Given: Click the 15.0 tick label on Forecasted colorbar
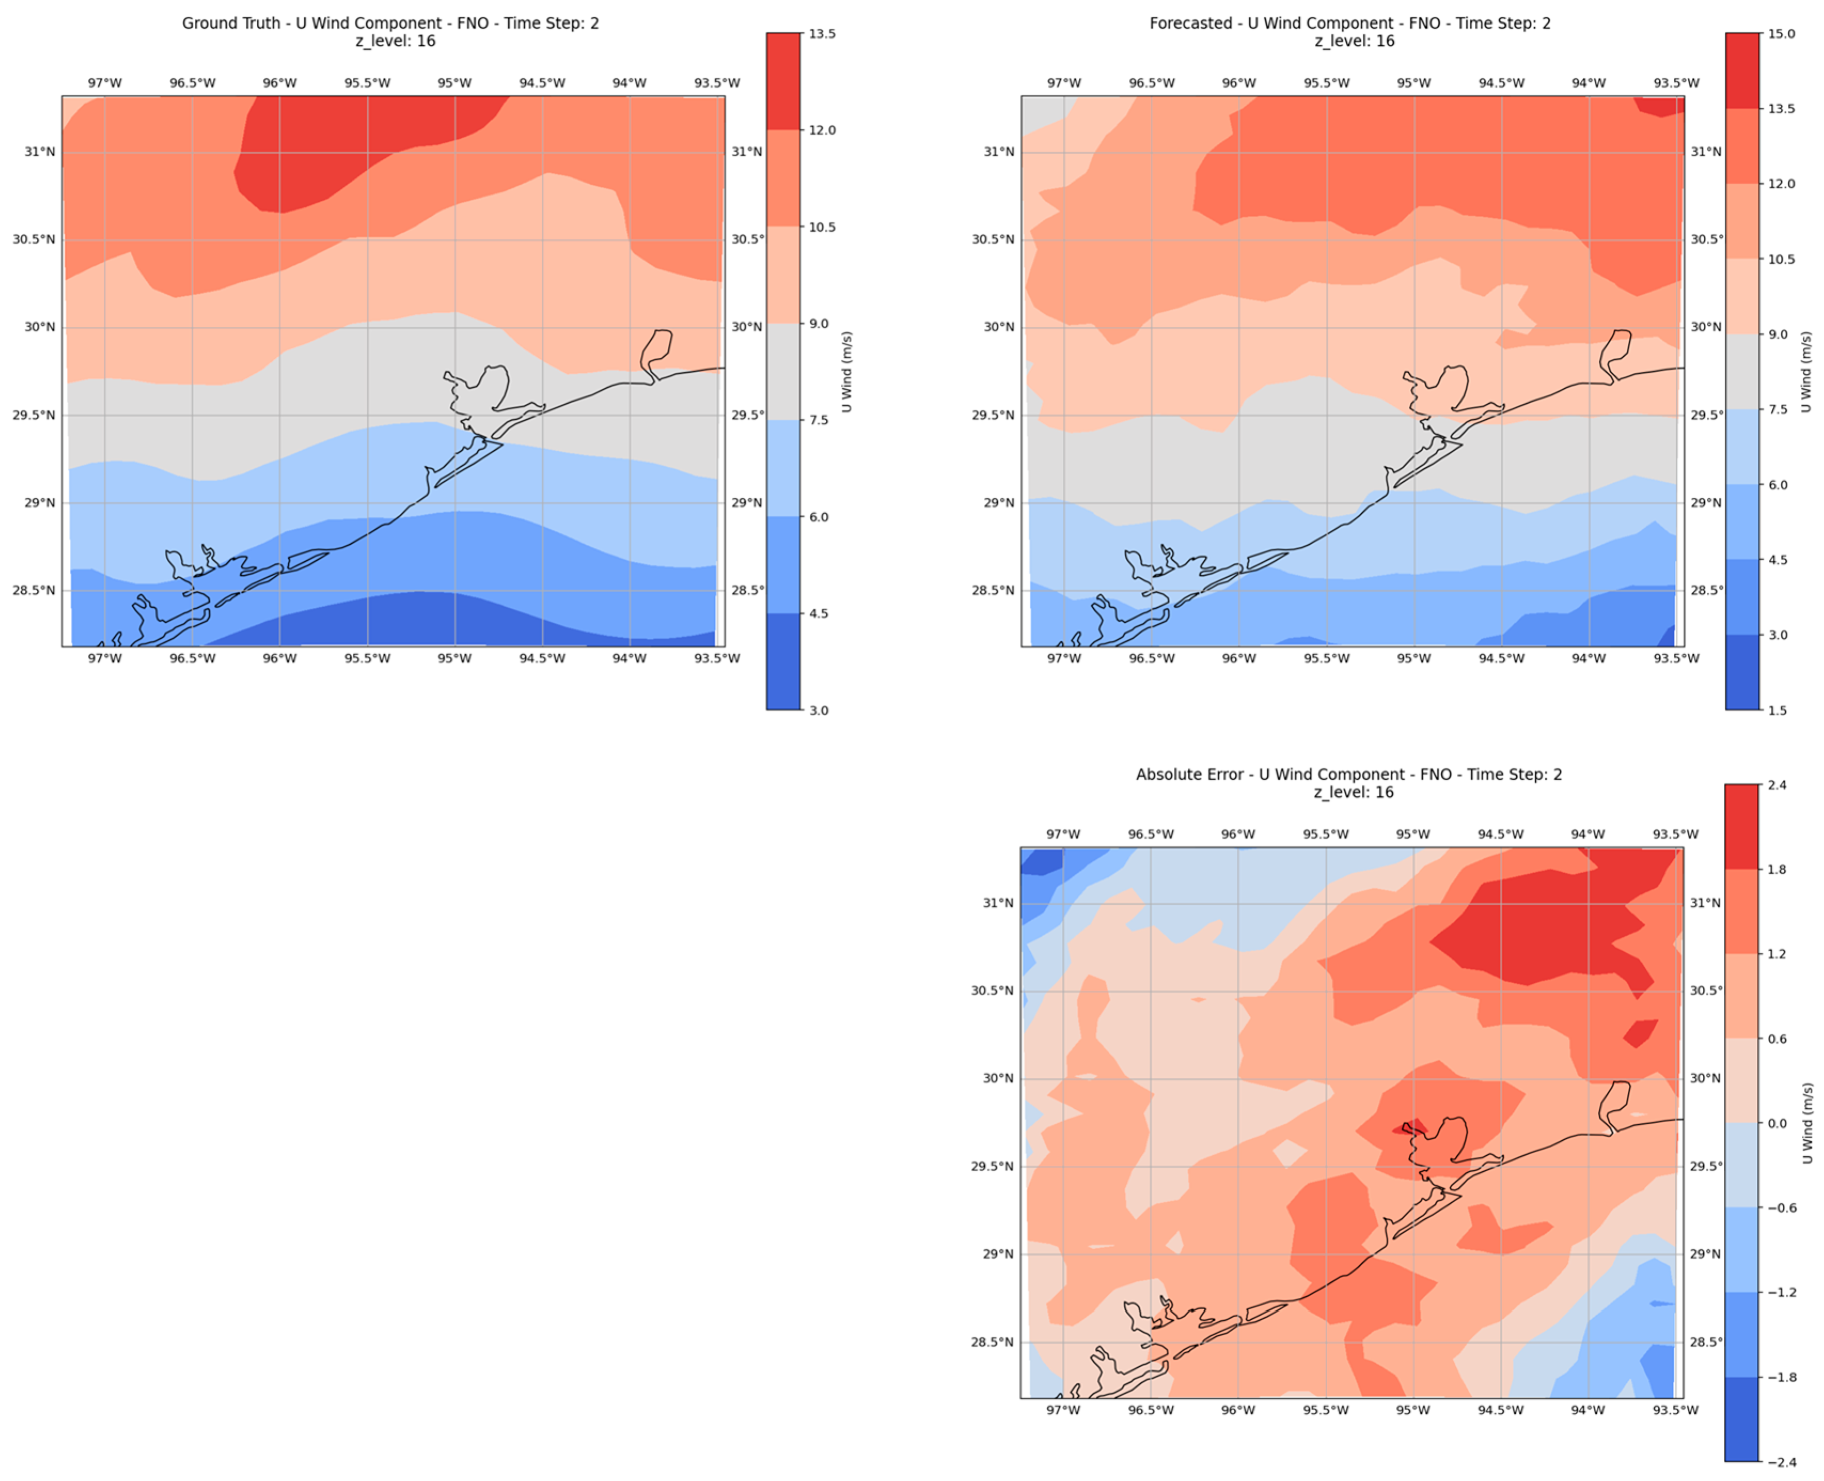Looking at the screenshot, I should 1781,34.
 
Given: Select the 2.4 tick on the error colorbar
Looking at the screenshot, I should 1777,785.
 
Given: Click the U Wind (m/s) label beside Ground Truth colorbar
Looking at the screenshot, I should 846,372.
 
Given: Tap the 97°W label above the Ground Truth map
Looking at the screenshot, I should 104,83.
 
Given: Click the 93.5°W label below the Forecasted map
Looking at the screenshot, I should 1676,659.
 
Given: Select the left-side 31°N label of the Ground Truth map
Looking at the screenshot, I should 39,152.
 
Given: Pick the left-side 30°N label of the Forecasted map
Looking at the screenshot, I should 999,327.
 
